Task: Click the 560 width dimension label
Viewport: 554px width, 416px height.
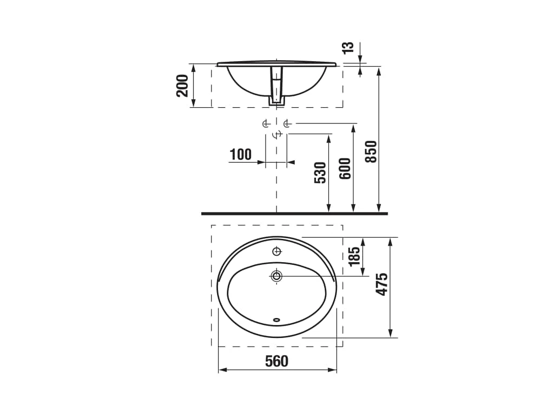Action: [276, 361]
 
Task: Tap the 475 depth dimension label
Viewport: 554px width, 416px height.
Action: [381, 284]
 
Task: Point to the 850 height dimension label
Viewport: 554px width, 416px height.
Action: [371, 152]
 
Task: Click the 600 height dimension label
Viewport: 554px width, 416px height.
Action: [345, 168]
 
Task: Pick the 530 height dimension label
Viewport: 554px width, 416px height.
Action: [320, 173]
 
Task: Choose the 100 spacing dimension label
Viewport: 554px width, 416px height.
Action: [241, 154]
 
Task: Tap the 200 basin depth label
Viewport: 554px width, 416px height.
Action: [182, 86]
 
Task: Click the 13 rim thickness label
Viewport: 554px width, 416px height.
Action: [348, 48]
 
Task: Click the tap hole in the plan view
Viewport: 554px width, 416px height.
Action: [276, 251]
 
